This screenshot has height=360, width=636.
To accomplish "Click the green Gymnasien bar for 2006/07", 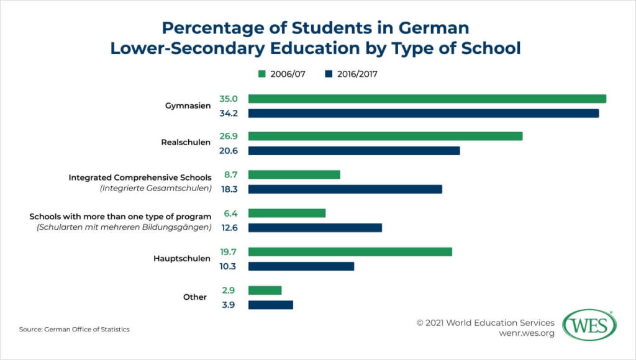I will click(427, 99).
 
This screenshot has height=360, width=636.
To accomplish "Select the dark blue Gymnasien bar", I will click(423, 113).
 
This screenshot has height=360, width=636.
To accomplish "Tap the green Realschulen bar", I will click(385, 136).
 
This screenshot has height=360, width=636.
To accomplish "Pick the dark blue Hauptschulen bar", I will click(301, 266).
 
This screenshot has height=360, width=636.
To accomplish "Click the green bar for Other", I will click(265, 290).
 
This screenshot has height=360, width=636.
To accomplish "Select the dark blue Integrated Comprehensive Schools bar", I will click(345, 189).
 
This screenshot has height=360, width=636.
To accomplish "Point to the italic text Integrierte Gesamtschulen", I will click(156, 188).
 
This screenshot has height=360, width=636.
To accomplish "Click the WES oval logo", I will click(589, 325).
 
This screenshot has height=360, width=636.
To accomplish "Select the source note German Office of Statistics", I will click(75, 330).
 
